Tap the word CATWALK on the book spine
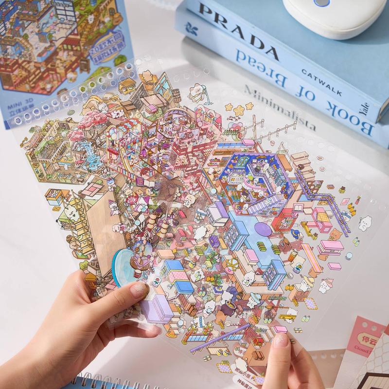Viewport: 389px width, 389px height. (x=321, y=83)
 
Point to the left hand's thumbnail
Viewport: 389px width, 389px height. (x=139, y=291)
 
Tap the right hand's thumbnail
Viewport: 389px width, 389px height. (x=281, y=340)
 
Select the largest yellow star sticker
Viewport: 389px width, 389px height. (x=239, y=110)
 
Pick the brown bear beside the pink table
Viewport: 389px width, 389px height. (x=335, y=235)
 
